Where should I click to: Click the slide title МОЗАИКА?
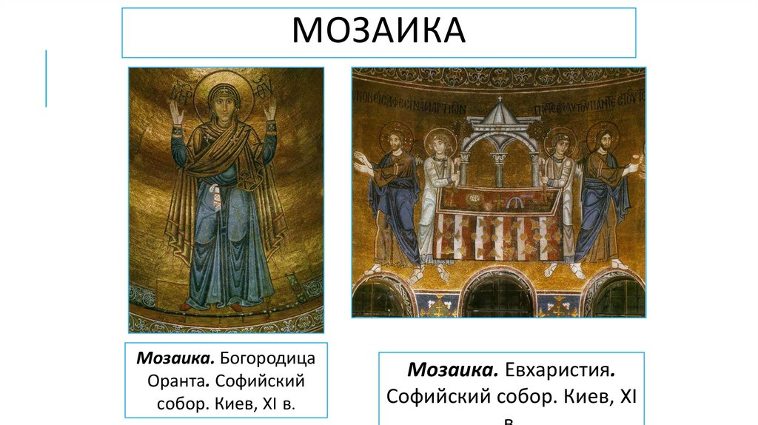[378, 30]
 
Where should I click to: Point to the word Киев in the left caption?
[237, 404]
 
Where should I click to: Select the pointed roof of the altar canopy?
[498, 115]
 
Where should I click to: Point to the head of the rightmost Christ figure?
[601, 138]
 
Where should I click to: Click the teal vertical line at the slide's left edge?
[46, 78]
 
